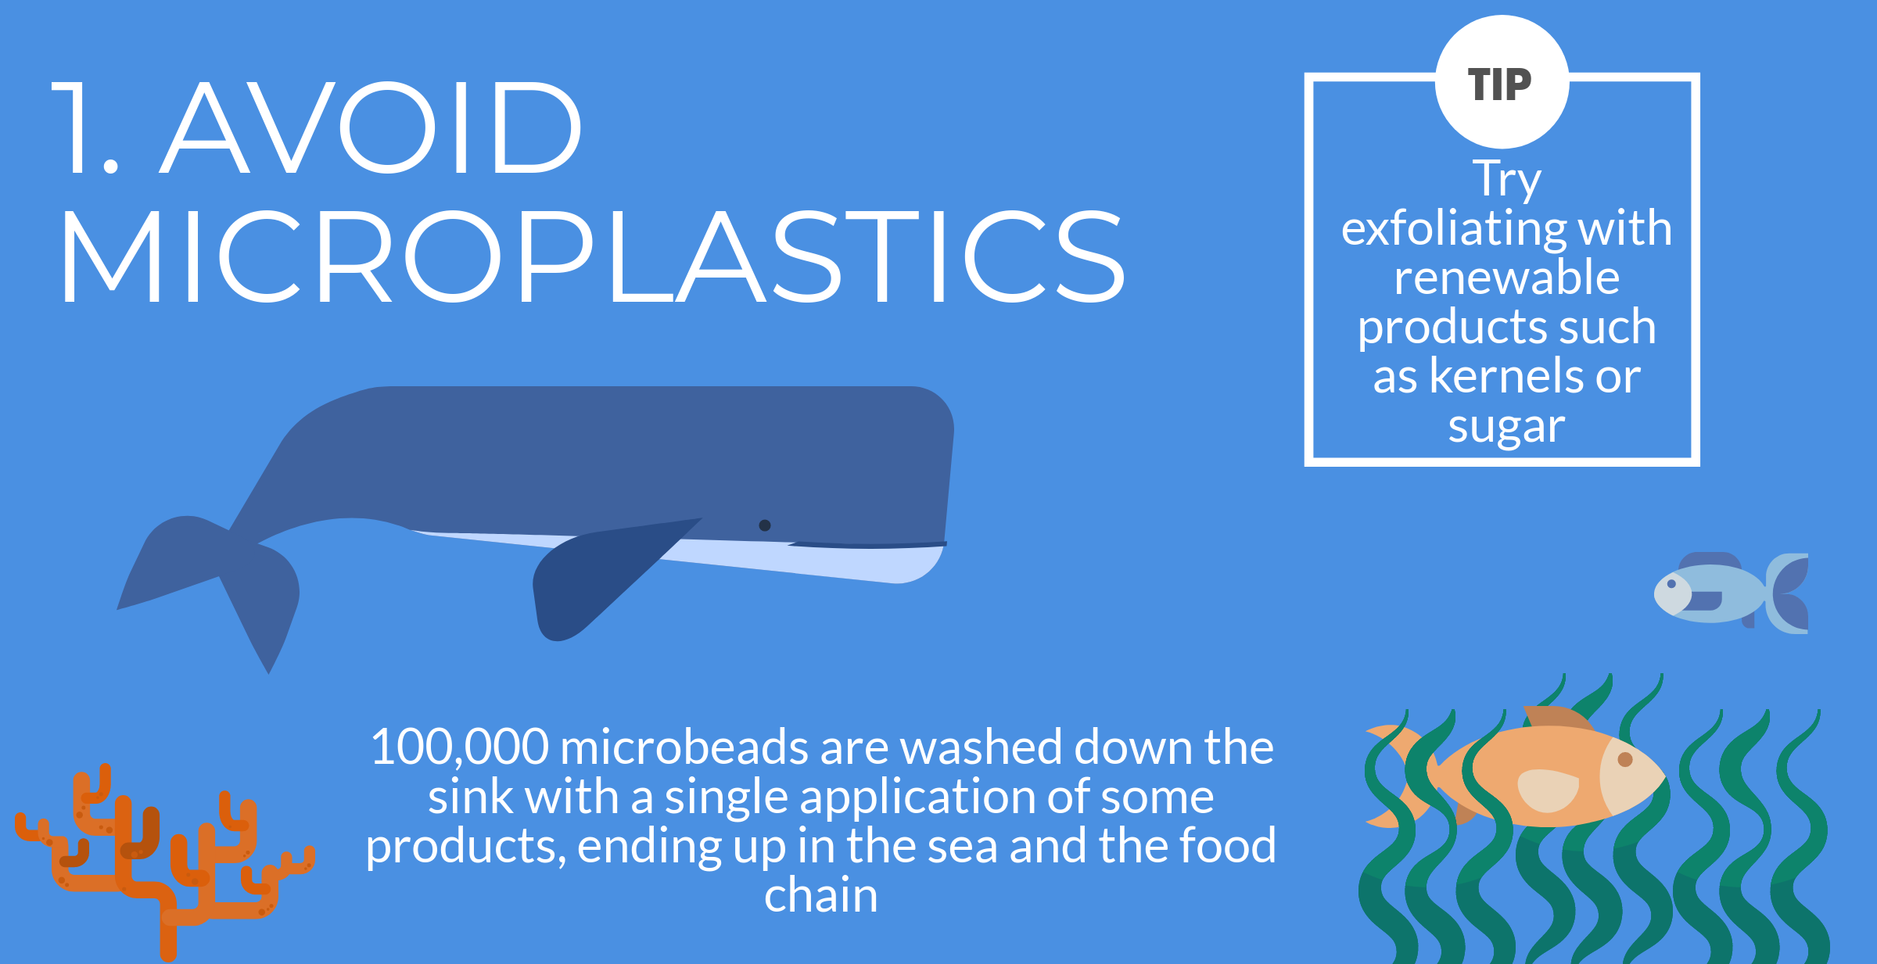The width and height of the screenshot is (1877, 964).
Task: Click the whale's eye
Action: click(x=765, y=525)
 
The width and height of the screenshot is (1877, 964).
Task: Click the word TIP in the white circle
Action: click(x=1499, y=84)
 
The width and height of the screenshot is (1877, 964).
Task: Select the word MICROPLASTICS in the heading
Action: click(x=593, y=256)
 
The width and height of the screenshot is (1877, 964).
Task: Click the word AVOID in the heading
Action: click(x=371, y=127)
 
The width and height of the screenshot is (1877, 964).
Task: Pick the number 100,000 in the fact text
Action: click(x=460, y=747)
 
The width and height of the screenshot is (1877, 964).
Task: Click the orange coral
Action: click(x=164, y=860)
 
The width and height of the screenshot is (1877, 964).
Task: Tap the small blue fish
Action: click(x=1731, y=592)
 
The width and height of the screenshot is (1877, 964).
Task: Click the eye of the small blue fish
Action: click(x=1671, y=584)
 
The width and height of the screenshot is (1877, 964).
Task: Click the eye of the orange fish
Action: click(x=1625, y=759)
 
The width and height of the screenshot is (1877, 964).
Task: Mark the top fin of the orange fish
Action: click(x=1556, y=718)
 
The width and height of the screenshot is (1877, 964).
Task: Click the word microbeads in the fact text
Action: click(x=684, y=747)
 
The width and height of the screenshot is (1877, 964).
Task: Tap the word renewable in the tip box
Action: click(x=1506, y=278)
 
